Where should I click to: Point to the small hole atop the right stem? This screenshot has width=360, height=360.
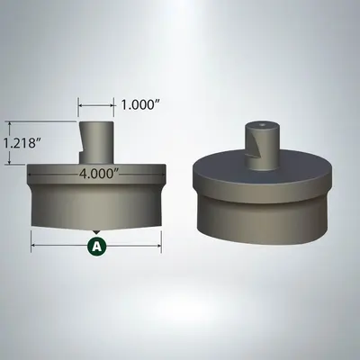261,124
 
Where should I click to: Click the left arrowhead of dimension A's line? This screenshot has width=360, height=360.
34,240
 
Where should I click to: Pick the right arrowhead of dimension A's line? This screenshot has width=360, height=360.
159,240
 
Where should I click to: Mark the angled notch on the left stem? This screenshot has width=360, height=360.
85,141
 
